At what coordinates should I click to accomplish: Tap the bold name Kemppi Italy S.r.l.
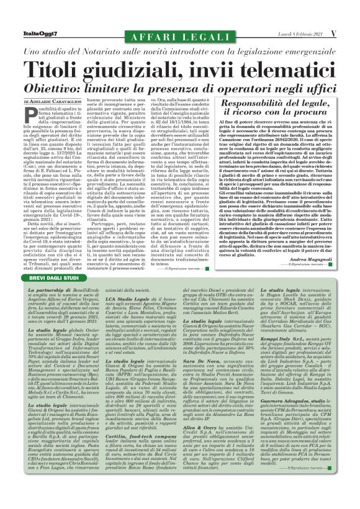point(283,340)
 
